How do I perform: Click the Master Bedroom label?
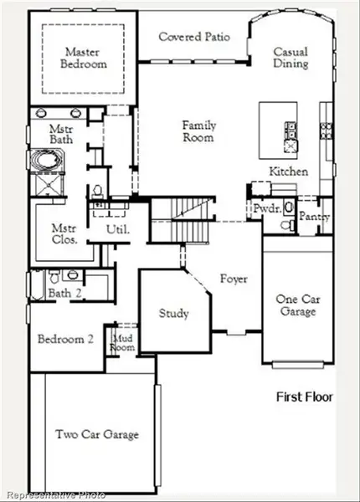[x=85, y=58]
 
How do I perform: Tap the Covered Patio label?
[x=193, y=37]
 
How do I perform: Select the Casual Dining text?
[x=291, y=58]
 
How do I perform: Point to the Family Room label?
[x=199, y=131]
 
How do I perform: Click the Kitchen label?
[x=288, y=172]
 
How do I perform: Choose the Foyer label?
[x=234, y=279]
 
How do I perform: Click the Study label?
[x=173, y=314]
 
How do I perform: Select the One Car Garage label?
[x=296, y=305]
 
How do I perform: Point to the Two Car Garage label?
[x=97, y=434]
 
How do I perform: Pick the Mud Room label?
[x=123, y=342]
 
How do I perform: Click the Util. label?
[x=116, y=229]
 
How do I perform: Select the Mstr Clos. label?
[x=64, y=233]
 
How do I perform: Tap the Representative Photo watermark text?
[x=54, y=495]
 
